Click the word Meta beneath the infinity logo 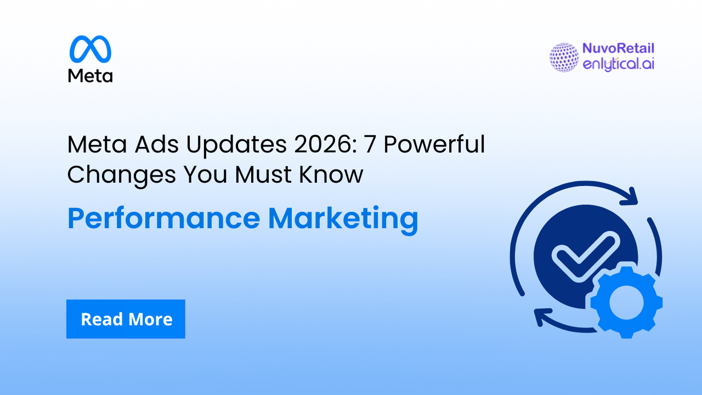(90, 75)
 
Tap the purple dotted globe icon (564, 57)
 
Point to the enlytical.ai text (619, 64)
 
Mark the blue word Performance (163, 218)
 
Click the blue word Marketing (343, 218)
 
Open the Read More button (126, 319)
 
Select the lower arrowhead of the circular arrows (542, 317)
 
